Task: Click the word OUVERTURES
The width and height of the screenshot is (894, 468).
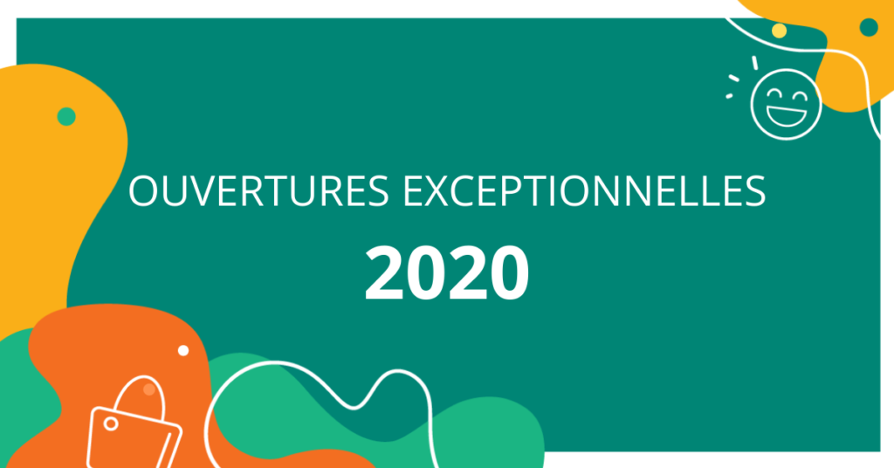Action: click(258, 191)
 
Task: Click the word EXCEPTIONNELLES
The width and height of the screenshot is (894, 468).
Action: click(585, 191)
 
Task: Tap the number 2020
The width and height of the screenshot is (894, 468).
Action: click(447, 272)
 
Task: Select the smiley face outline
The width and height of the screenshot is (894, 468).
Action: click(786, 104)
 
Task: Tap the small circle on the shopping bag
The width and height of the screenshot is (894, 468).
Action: click(111, 423)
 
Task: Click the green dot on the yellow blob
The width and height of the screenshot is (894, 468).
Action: click(66, 116)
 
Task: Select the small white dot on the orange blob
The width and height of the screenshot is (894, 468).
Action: click(183, 351)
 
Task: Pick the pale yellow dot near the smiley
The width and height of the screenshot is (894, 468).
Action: click(780, 31)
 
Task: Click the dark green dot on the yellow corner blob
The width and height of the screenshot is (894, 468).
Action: click(869, 27)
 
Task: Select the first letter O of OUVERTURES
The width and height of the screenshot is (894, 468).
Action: click(143, 191)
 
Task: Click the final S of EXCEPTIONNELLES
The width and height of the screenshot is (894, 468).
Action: click(755, 191)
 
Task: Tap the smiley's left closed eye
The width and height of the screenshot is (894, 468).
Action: click(774, 94)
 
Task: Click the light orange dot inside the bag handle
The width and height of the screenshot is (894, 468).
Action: click(148, 389)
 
